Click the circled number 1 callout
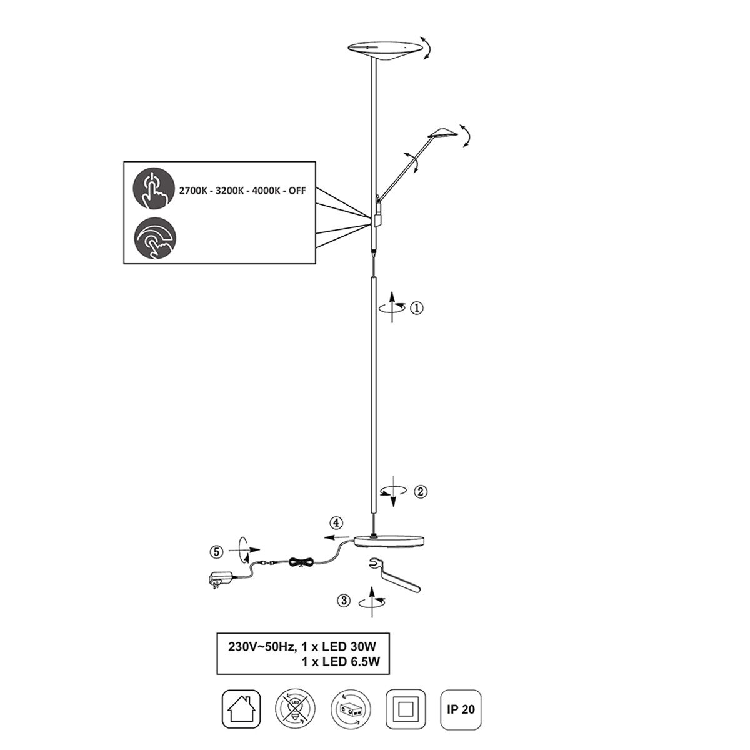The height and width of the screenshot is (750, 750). (417, 308)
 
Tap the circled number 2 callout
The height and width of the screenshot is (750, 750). (421, 492)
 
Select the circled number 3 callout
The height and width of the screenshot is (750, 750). (344, 601)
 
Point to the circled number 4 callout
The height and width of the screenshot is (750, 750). (337, 522)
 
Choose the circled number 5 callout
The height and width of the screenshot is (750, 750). (217, 552)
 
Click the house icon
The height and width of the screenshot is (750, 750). (241, 709)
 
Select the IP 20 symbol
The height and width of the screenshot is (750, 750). (461, 709)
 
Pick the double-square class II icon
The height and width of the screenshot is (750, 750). (406, 709)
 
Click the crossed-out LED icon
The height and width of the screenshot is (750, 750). (295, 709)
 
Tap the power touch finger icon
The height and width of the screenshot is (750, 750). (154, 189)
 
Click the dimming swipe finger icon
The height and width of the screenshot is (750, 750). (155, 238)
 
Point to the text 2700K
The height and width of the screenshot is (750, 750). (193, 191)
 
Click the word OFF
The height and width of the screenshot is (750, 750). (297, 191)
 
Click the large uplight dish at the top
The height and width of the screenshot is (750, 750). (384, 50)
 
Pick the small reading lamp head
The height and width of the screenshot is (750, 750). (442, 132)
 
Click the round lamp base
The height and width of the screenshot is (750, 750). (389, 541)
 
